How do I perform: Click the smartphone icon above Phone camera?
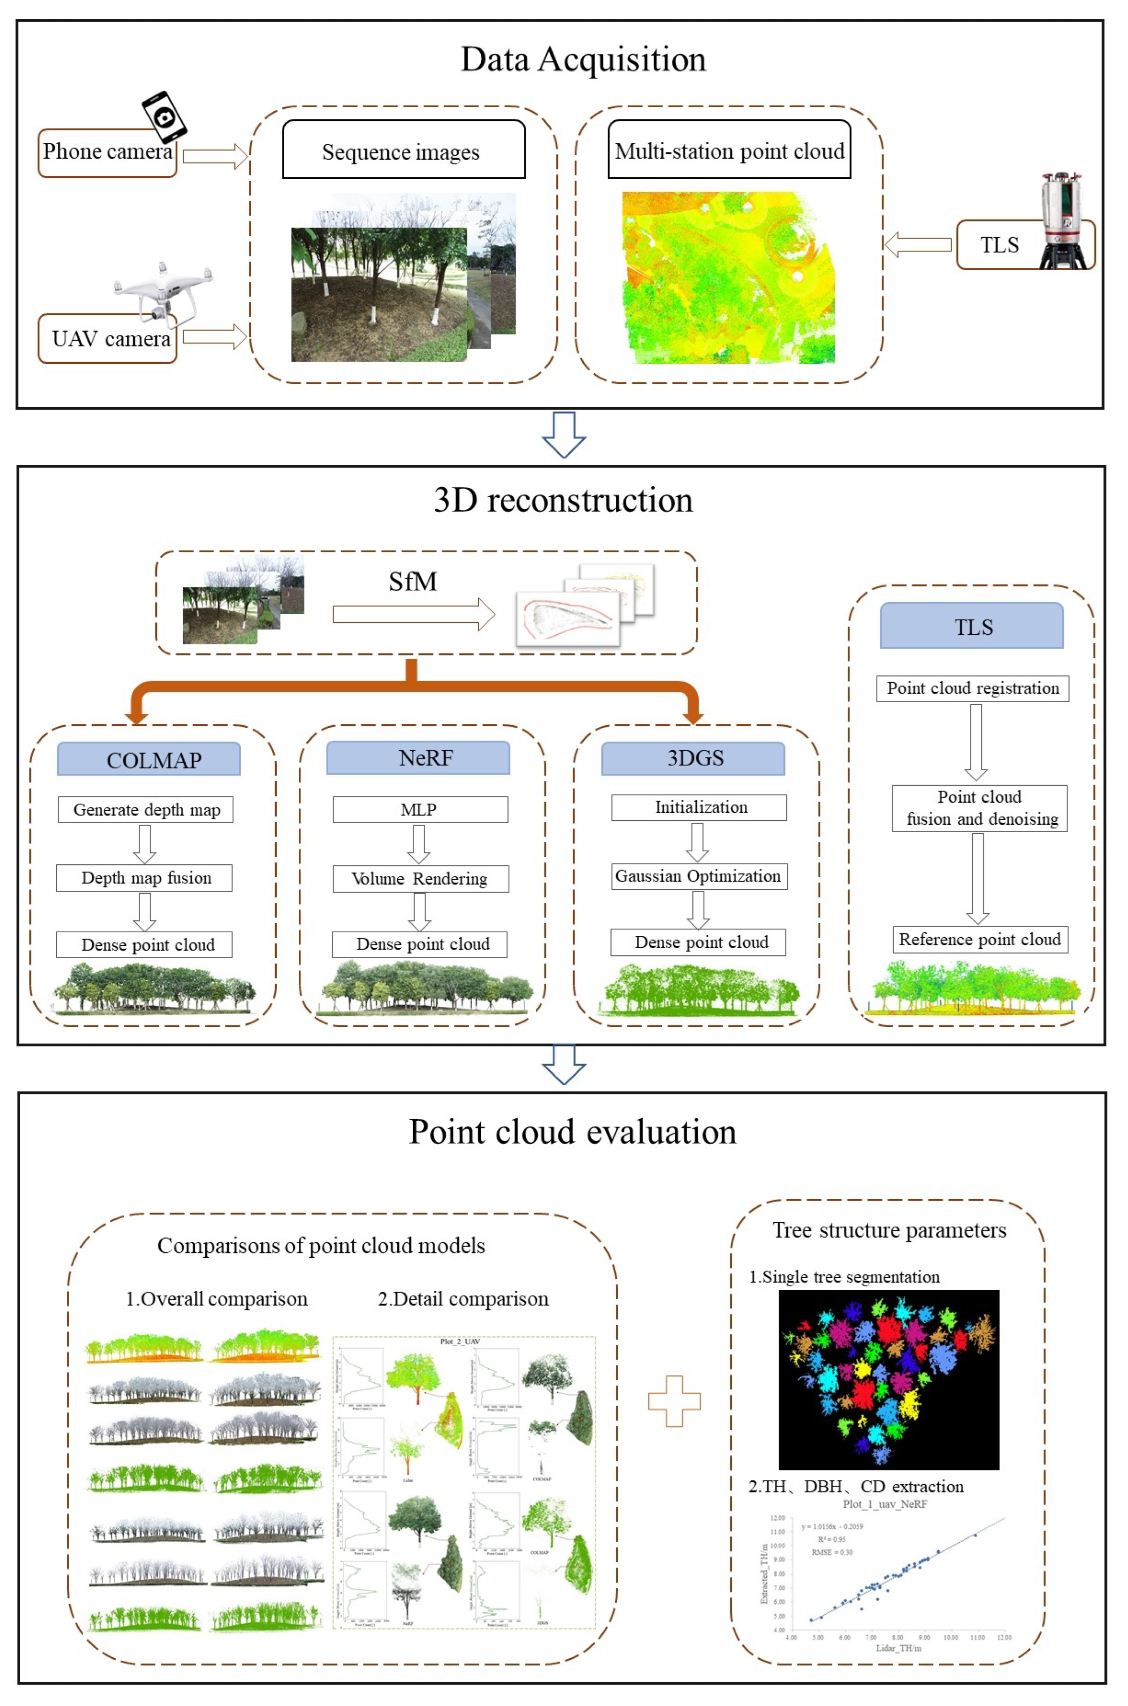[x=164, y=117]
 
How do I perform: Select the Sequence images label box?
[x=403, y=150]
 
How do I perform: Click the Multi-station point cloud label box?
[x=729, y=150]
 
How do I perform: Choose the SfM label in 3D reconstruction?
[x=413, y=581]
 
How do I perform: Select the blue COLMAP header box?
[x=149, y=759]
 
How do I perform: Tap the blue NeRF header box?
[x=418, y=757]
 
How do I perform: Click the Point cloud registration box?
[x=972, y=688]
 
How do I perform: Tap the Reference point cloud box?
[x=980, y=939]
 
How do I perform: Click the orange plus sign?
[x=674, y=1400]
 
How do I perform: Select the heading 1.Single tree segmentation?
[x=844, y=1277]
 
